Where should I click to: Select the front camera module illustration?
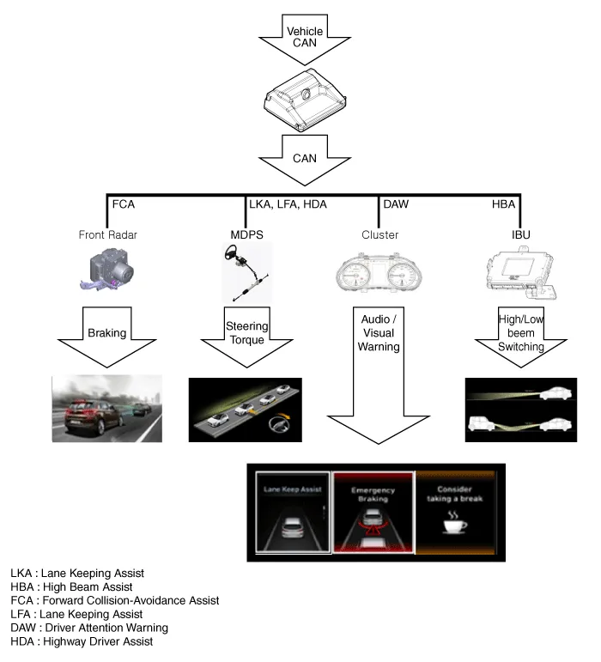coord(305,101)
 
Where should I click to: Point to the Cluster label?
coord(379,234)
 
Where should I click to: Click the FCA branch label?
coord(123,205)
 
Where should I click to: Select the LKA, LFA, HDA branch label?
coord(287,205)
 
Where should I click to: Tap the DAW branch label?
coord(397,205)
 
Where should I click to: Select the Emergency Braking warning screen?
coord(373,512)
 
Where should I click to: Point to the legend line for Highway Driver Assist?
coord(82,641)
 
